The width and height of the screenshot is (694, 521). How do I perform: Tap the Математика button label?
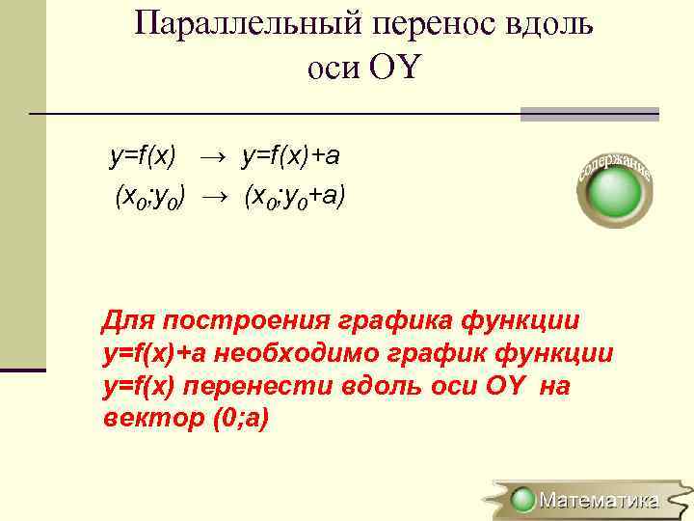point(599,500)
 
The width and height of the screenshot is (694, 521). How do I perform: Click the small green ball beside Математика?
point(523,500)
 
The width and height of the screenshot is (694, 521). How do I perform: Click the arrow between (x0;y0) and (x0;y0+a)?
point(219,198)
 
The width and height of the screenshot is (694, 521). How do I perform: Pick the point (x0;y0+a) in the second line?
point(295,198)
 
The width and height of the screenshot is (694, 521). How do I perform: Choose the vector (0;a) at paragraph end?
point(234,421)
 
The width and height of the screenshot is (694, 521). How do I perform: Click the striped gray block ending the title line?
point(589,114)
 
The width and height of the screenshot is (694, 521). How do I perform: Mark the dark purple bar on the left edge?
point(22,369)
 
